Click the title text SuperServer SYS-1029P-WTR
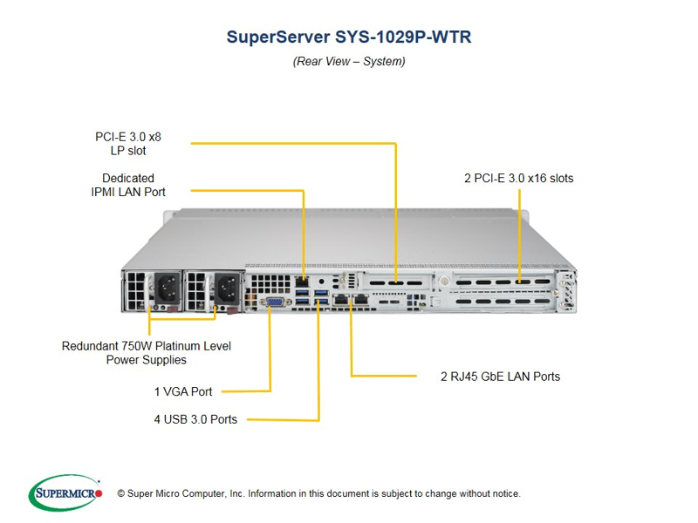tap(348, 37)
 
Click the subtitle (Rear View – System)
tap(348, 61)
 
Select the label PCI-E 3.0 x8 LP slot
tap(128, 144)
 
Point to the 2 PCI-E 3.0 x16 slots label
tap(518, 178)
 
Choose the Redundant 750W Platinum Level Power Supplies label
tap(146, 352)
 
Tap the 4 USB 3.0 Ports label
tap(195, 419)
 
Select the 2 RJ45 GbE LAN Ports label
tap(500, 377)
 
